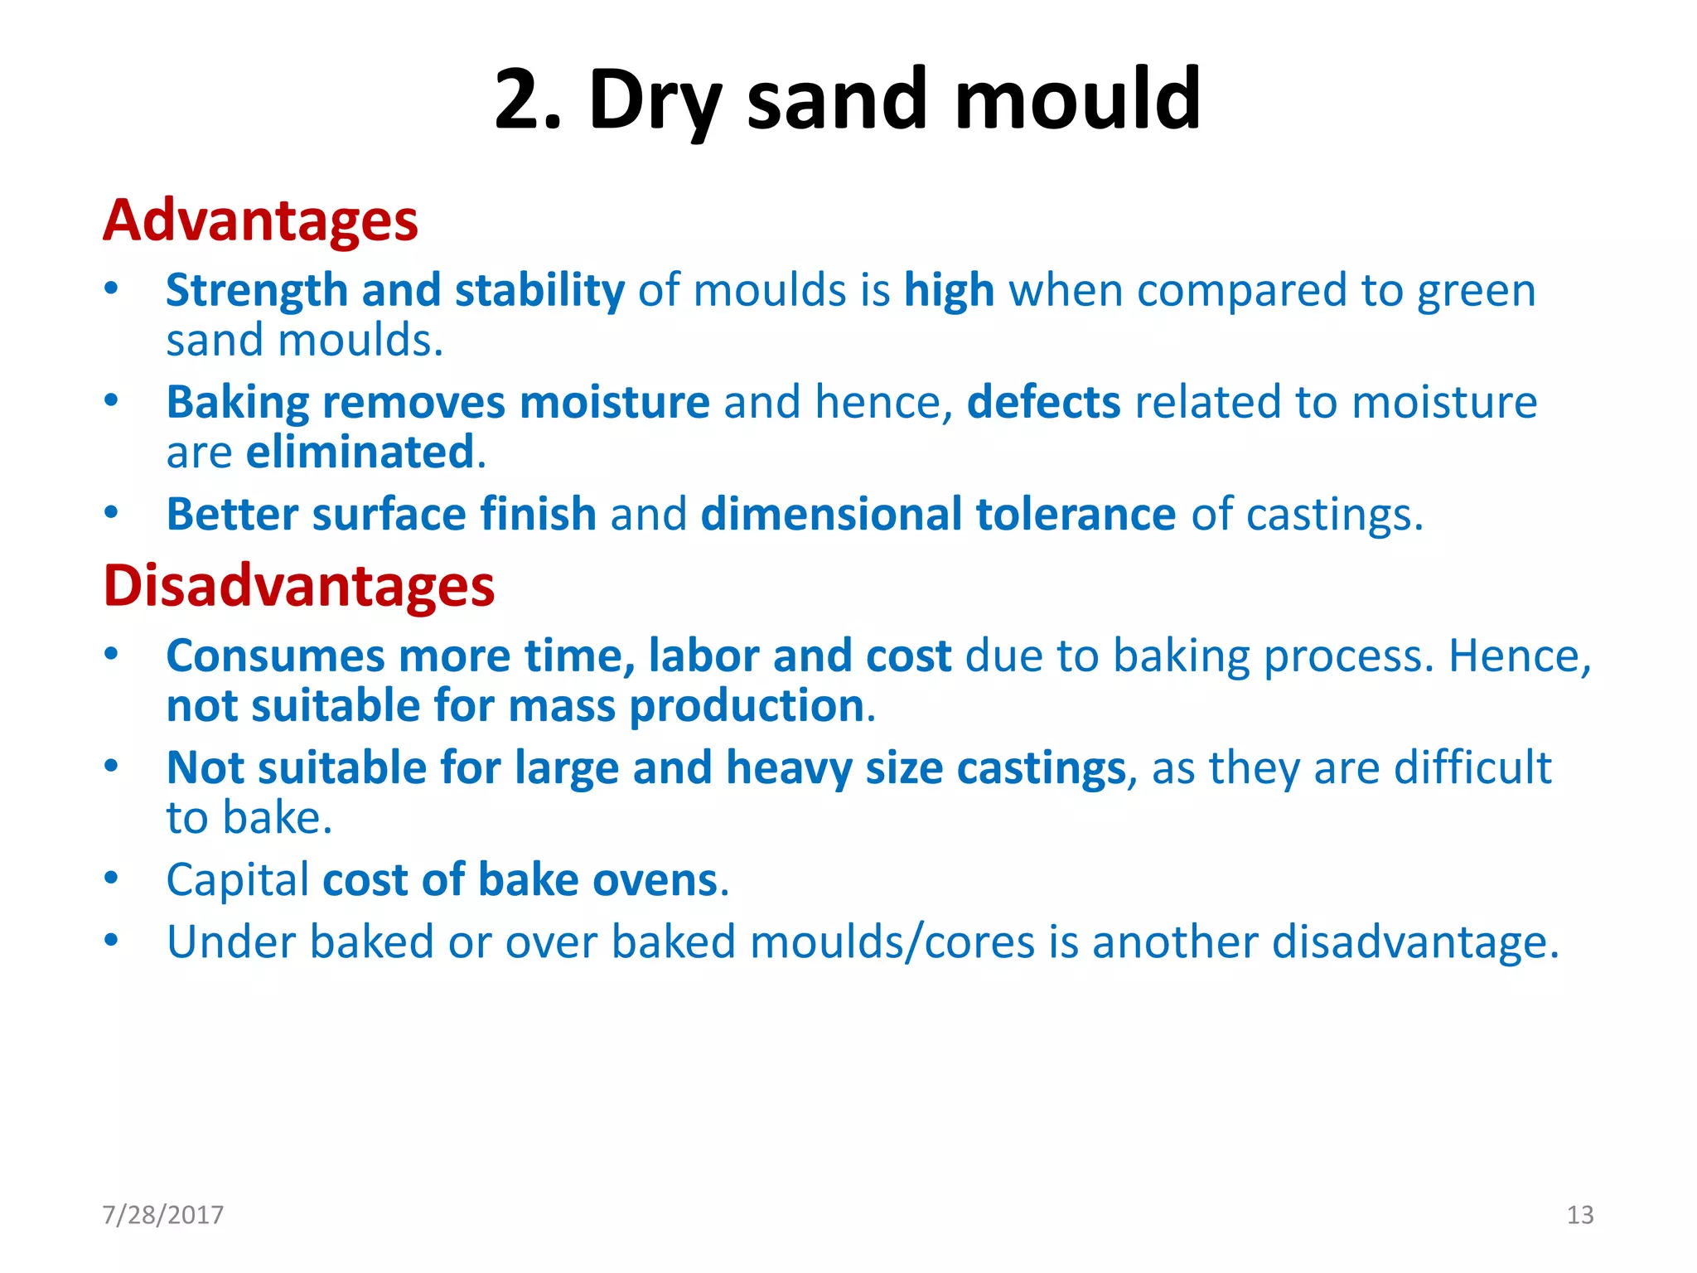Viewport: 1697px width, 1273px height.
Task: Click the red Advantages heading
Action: click(x=260, y=221)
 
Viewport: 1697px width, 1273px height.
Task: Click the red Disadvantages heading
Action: click(x=298, y=587)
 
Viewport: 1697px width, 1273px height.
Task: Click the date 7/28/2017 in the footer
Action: click(x=163, y=1215)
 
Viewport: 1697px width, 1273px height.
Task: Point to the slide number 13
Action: click(x=1579, y=1215)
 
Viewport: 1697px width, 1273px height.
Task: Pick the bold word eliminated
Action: click(x=360, y=453)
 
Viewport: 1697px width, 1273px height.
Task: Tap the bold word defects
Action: click(x=1043, y=403)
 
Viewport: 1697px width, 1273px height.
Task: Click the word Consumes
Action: click(x=275, y=656)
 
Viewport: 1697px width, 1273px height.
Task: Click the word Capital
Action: click(x=238, y=880)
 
